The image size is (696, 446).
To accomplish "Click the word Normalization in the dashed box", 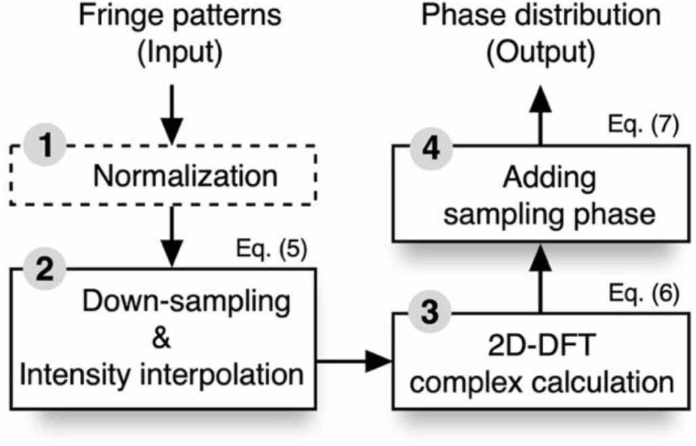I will (x=185, y=177).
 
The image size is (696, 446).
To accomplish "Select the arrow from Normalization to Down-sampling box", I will (x=175, y=237).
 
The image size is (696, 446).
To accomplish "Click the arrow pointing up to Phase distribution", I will (x=541, y=112).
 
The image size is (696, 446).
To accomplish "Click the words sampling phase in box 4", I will (x=541, y=215).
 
